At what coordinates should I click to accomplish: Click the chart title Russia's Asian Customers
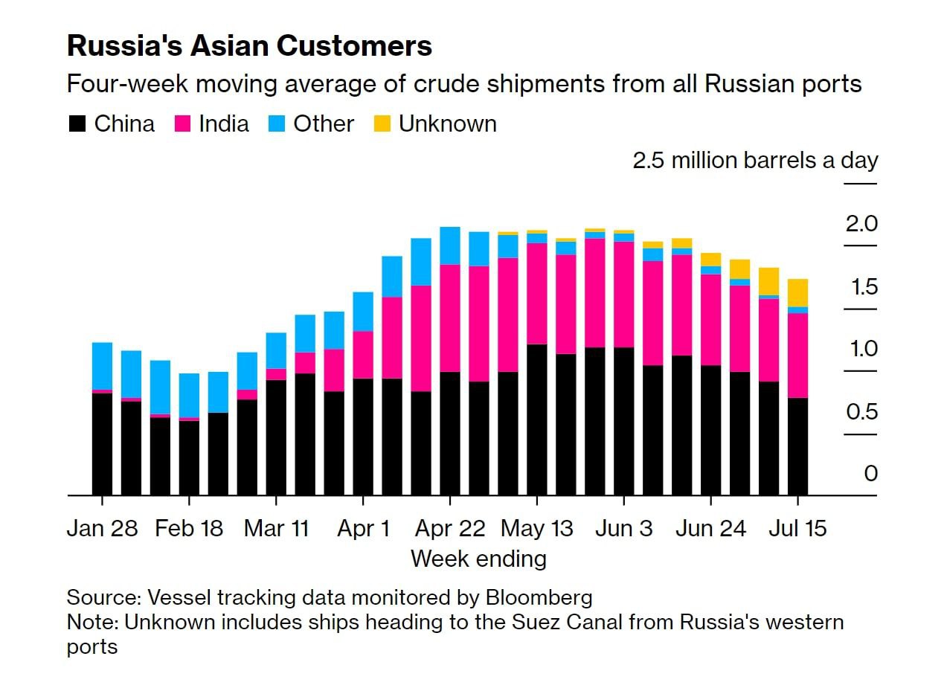point(249,46)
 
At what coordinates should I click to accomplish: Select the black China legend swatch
point(77,123)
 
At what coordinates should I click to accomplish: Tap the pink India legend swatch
point(182,123)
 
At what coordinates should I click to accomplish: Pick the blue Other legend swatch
point(277,123)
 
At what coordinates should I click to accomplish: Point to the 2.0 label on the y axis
point(861,224)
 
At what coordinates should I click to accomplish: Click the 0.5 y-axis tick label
point(861,411)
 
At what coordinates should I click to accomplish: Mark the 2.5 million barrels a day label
point(755,161)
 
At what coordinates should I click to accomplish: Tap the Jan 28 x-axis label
point(102,529)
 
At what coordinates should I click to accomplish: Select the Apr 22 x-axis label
point(450,529)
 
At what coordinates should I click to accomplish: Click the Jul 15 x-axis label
point(797,529)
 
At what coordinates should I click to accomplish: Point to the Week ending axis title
point(478,559)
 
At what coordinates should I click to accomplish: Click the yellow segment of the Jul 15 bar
point(797,292)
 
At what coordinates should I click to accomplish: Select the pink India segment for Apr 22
point(450,318)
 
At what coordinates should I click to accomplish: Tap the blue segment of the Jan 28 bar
point(102,365)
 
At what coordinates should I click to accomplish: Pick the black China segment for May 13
point(537,420)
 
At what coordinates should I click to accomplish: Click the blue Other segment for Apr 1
point(363,311)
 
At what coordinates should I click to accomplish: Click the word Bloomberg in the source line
point(539,597)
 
